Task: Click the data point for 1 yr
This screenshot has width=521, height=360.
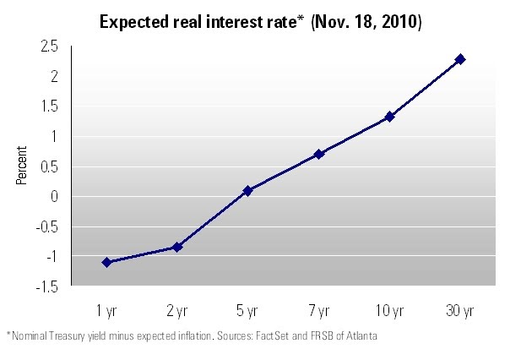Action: (x=106, y=262)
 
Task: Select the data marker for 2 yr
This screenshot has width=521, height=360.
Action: (x=177, y=247)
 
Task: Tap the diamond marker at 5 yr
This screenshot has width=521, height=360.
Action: (x=248, y=191)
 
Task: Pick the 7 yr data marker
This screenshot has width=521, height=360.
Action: (x=319, y=154)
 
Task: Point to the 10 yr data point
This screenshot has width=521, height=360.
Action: (x=389, y=117)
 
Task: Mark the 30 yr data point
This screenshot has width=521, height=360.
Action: (x=460, y=59)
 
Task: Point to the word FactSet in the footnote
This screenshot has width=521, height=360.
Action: (x=247, y=336)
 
